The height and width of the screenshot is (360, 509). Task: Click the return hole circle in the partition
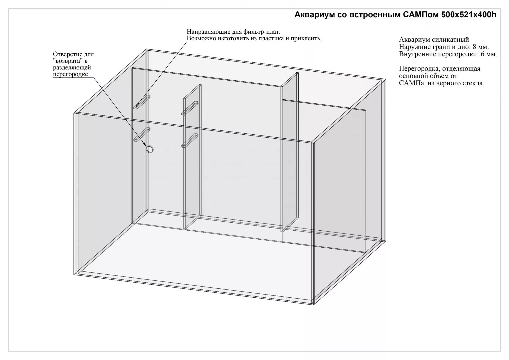150,149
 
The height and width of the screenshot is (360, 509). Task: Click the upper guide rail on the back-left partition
142,102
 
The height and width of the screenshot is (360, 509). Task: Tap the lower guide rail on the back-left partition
142,134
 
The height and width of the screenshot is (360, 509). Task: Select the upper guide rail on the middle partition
190,108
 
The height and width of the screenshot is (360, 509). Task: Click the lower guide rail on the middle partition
190,140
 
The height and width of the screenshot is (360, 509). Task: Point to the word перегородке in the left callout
70,74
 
